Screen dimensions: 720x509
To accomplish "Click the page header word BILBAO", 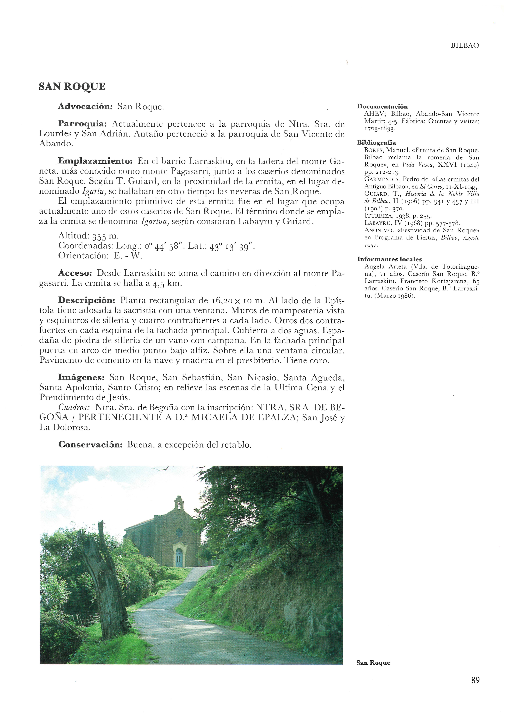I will coord(465,46).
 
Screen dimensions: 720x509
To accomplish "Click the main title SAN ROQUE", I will coord(72,87).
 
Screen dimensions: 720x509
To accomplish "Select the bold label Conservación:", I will coord(90,445).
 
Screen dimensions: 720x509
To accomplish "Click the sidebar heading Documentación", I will coord(383,107).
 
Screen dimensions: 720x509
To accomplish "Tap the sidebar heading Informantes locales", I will coord(390,259).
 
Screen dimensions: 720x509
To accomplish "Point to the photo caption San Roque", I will coord(373,663).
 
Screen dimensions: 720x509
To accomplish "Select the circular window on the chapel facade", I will coord(179,532).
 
